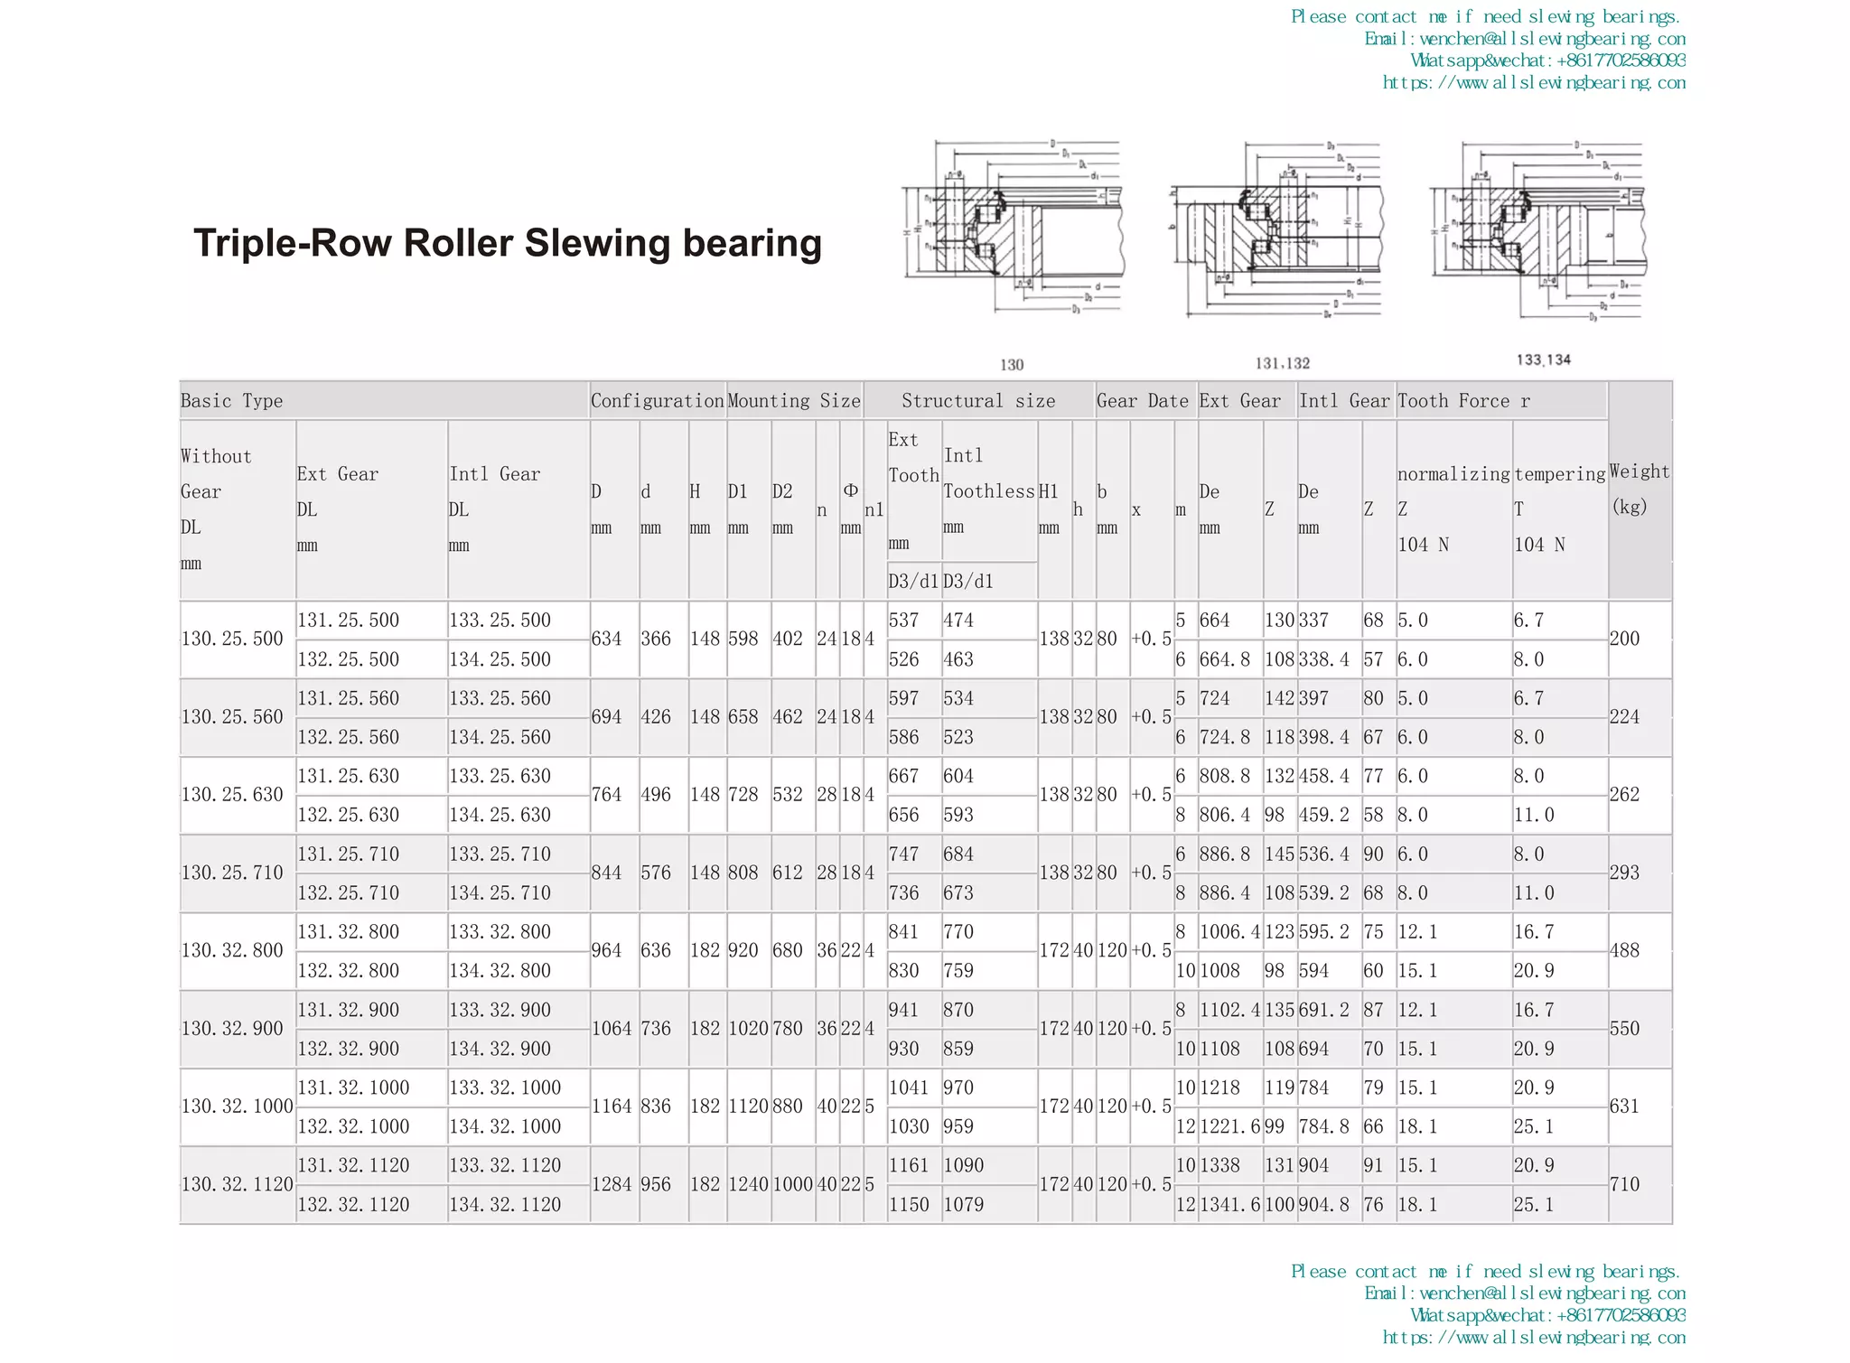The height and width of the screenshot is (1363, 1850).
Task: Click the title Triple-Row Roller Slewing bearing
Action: [x=508, y=244]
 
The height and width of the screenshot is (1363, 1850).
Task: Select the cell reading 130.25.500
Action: [x=232, y=639]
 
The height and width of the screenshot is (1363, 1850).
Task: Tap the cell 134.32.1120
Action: [x=505, y=1204]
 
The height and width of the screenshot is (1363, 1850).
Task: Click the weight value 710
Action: [x=1624, y=1184]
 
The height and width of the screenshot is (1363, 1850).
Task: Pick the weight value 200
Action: [x=1624, y=639]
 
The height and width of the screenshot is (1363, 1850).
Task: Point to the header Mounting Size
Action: [x=794, y=401]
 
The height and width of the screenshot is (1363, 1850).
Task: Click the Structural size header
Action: [x=978, y=401]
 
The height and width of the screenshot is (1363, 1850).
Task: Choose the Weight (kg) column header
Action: [x=1639, y=489]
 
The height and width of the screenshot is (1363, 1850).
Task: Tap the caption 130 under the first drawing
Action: [x=1012, y=365]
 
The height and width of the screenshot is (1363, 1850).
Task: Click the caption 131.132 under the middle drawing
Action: [x=1282, y=363]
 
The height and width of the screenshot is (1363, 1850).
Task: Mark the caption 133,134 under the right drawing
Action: [x=1543, y=359]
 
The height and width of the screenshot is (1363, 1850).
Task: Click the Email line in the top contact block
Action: [x=1524, y=39]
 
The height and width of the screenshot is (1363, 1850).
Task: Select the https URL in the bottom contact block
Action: [x=1533, y=1337]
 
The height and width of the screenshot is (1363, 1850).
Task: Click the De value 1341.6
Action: [x=1229, y=1204]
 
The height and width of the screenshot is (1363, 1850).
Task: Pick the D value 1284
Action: [x=612, y=1184]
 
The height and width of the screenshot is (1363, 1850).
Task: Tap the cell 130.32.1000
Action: [x=237, y=1106]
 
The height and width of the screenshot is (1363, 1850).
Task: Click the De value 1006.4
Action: [x=1229, y=931]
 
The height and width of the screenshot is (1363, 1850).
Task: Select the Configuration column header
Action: [x=657, y=401]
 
